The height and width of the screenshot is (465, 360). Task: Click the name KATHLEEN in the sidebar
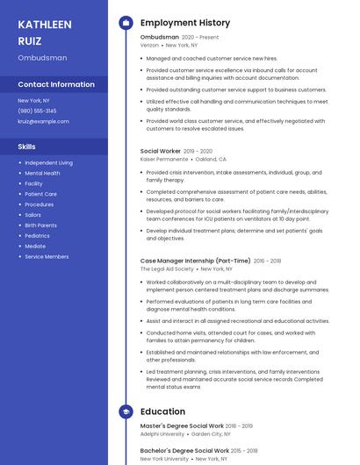point(45,25)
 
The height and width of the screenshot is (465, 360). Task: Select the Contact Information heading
point(56,84)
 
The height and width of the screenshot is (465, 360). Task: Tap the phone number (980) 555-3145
point(37,111)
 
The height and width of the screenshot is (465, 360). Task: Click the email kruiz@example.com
point(43,121)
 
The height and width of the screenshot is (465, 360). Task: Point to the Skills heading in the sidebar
point(26,147)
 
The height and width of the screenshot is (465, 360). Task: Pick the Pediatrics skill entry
point(37,236)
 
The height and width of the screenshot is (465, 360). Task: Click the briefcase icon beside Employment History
point(126,23)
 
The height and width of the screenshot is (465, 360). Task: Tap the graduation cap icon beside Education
point(126,411)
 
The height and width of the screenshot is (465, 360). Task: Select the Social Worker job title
point(161,151)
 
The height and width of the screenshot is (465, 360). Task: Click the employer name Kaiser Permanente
point(164,160)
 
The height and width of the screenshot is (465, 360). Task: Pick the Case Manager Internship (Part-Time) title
point(195,261)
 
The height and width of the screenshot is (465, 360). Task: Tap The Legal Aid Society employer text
point(167,269)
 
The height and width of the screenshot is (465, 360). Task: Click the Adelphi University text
point(162,433)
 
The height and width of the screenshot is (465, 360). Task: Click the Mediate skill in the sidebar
point(35,247)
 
